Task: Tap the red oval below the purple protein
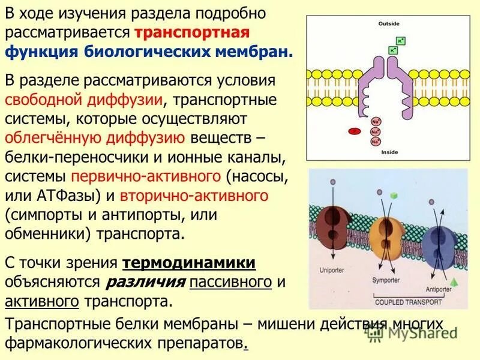[x=355, y=130]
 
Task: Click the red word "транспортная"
[x=192, y=32]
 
